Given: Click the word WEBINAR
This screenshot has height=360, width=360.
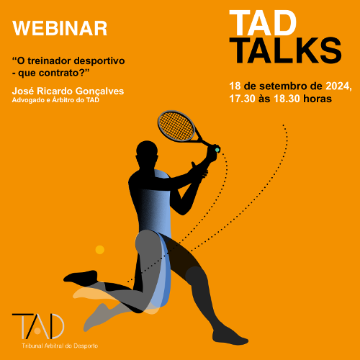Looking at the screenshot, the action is [60, 28].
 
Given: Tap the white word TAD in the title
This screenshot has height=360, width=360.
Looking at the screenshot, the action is [263, 23].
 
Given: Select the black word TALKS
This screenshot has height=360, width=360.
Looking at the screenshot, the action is [286, 50].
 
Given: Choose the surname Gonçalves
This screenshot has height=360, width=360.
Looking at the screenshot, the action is [99, 91].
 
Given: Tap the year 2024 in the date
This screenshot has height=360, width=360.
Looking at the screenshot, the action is [338, 86].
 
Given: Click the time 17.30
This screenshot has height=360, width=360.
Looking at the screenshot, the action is [242, 99].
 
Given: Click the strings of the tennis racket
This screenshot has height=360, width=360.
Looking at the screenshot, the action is [176, 125].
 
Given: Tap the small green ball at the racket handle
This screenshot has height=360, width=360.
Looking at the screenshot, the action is [217, 150].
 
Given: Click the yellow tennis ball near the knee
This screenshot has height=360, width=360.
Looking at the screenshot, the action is [100, 250].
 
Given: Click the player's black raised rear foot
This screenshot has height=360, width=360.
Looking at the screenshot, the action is [81, 277].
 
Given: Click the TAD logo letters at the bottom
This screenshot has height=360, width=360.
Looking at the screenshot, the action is [38, 326].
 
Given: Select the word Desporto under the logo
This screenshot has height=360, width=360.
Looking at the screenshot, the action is [86, 346].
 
